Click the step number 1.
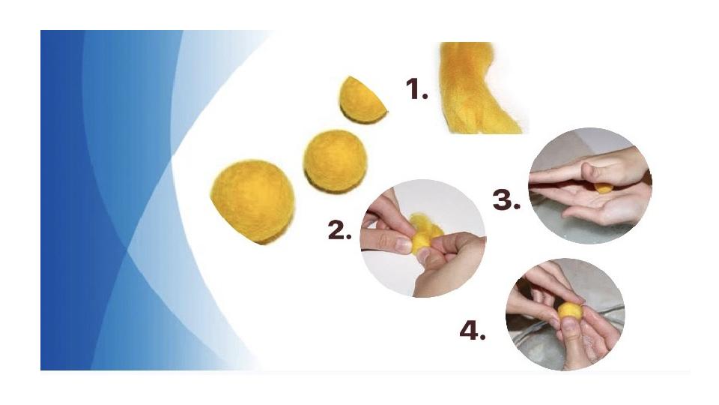pos(416,89)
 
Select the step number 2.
pos(339,230)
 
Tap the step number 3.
pos(506,200)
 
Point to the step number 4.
pos(473,331)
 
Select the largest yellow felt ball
pos(252,202)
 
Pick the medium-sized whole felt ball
pos(336,160)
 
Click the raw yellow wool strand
pos(477,88)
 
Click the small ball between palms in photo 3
pos(602,187)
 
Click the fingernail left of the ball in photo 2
pos(402,244)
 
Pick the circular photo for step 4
pos(565,314)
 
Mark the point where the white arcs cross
pos(172,159)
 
